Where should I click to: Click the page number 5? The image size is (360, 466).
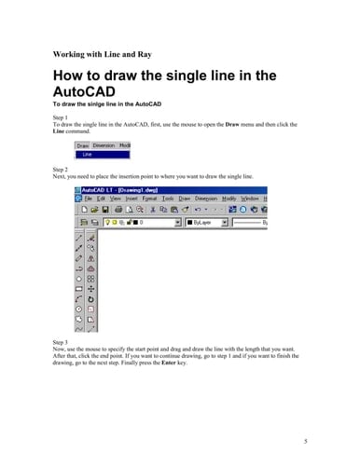click(x=305, y=438)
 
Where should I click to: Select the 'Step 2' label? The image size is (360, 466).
click(x=62, y=169)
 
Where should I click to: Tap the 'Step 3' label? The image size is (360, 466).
click(x=62, y=342)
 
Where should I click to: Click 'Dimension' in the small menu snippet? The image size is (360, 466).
click(x=104, y=145)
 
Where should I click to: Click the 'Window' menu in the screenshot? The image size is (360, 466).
click(x=250, y=199)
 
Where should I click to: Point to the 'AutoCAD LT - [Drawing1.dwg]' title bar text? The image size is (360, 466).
click(x=122, y=189)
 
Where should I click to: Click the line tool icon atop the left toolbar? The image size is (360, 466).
click(x=79, y=238)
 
